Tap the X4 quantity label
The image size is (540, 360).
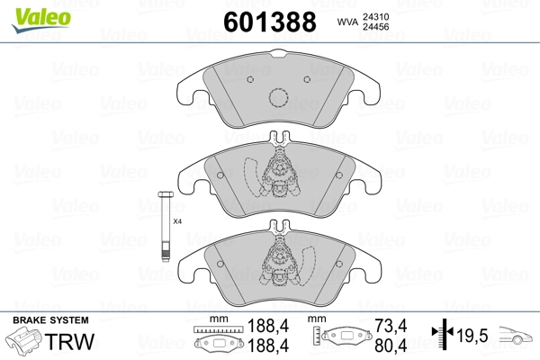[x=177, y=221]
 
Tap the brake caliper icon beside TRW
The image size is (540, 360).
[x=25, y=343]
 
